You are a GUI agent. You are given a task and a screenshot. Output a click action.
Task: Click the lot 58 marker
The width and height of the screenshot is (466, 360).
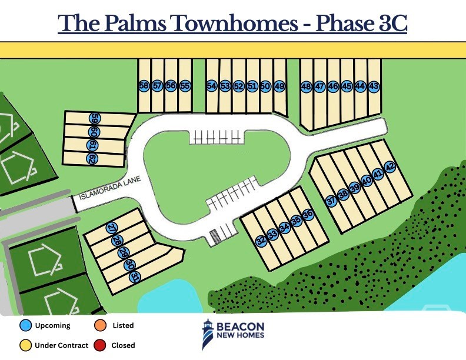click(144, 86)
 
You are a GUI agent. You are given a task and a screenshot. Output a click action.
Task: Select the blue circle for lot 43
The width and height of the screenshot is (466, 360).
click(374, 86)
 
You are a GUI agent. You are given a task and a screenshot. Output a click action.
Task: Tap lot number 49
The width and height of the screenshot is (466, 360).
click(279, 86)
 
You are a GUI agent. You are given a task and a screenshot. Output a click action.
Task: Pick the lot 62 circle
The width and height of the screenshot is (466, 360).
click(92, 158)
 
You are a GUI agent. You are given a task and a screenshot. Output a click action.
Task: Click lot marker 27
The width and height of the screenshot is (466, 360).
click(112, 228)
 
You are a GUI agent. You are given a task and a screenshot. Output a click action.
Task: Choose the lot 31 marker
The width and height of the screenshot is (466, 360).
click(135, 277)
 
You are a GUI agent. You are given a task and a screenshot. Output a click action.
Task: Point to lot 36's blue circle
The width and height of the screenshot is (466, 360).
click(308, 214)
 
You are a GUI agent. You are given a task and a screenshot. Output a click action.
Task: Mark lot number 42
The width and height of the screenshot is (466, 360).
click(390, 166)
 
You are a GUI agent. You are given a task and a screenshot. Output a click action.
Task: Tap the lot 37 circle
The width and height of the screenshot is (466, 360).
click(331, 201)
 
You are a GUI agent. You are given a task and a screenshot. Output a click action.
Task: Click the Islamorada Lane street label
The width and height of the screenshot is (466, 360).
click(110, 188)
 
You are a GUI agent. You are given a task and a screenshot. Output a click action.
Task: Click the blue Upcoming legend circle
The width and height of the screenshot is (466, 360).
click(25, 325)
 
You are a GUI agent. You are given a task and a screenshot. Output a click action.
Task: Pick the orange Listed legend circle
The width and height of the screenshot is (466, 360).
click(100, 325)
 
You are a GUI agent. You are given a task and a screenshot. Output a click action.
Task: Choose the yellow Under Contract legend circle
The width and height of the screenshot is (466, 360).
click(25, 345)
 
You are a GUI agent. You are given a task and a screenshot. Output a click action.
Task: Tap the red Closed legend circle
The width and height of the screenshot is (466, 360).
click(100, 345)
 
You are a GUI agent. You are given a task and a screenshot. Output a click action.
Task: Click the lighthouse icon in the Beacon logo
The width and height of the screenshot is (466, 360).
click(208, 334)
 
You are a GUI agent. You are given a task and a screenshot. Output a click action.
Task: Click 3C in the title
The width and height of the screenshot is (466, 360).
click(392, 23)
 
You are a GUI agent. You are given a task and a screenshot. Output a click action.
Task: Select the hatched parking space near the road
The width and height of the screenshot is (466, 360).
click(214, 237)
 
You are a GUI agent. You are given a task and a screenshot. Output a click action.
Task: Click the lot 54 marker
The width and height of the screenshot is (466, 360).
click(212, 86)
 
